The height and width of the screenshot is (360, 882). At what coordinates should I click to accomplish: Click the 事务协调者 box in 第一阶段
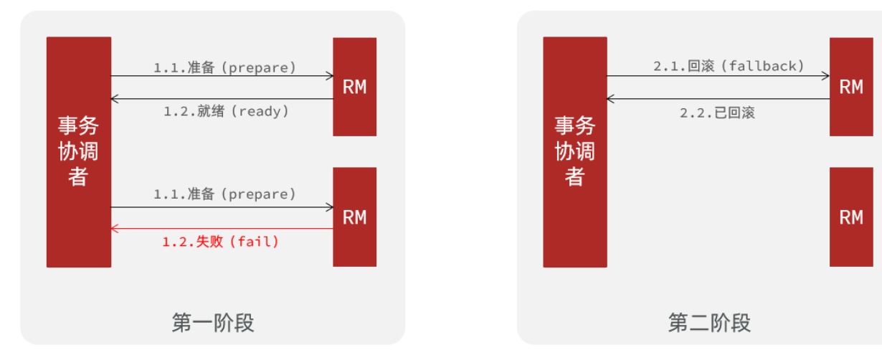(79, 152)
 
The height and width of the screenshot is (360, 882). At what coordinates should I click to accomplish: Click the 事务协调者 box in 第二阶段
(574, 152)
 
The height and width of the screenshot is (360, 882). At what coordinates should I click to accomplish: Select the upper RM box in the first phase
(354, 87)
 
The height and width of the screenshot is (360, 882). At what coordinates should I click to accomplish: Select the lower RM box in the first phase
(354, 217)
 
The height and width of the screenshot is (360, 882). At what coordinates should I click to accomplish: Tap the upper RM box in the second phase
(851, 87)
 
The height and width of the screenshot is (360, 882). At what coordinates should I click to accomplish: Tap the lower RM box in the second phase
(851, 217)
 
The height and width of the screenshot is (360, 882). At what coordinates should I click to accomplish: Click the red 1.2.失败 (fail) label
(221, 242)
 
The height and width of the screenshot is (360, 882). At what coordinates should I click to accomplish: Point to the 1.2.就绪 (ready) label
(226, 111)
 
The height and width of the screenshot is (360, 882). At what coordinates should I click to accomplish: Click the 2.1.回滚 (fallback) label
(729, 66)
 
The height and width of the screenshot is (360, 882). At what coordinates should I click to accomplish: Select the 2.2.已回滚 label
(717, 113)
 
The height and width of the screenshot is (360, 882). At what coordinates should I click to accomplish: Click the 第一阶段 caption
(213, 323)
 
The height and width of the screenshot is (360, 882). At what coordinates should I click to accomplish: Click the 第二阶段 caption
(709, 323)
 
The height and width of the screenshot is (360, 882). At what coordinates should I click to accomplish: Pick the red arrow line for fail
(222, 229)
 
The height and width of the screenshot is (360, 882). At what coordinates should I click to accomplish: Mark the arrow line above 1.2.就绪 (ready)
(222, 98)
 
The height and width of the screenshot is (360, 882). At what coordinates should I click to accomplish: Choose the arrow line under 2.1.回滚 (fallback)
(718, 75)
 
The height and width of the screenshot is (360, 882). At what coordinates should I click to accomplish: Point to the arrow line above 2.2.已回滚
(718, 99)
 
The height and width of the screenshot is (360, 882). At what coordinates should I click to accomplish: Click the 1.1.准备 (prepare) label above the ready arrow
(224, 67)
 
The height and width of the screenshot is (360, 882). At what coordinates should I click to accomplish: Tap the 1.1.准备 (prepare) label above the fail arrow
(224, 194)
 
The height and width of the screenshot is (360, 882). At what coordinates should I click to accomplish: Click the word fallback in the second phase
(762, 66)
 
